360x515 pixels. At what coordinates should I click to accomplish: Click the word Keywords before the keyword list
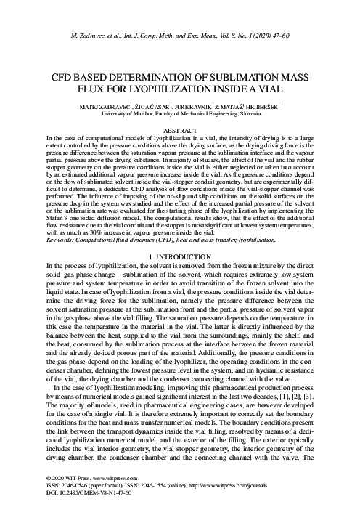click(60, 238)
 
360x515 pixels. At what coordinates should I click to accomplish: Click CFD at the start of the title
click(61, 77)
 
